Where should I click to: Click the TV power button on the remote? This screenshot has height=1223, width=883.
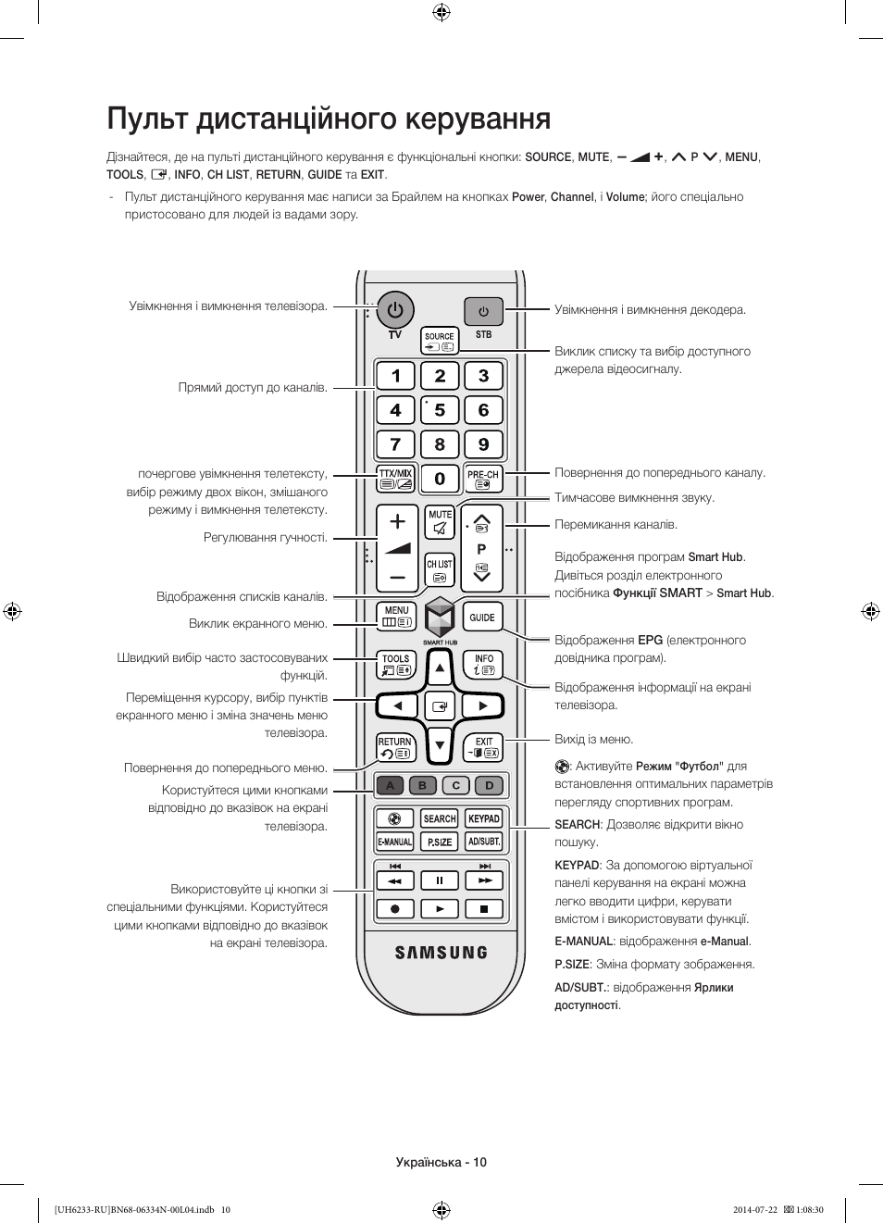(x=395, y=310)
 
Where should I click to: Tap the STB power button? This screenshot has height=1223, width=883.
(x=483, y=312)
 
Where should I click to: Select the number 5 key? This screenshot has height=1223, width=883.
(x=440, y=410)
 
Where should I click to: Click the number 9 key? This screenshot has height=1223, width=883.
(x=483, y=444)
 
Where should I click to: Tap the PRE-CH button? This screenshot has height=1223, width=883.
(x=483, y=479)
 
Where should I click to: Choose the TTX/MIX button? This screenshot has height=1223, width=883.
(x=396, y=479)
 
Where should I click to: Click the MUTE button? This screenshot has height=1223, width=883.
(x=440, y=522)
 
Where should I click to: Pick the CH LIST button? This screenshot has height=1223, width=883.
(x=440, y=570)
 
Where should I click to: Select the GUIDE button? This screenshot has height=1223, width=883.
(x=482, y=618)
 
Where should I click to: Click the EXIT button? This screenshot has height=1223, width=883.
(x=483, y=747)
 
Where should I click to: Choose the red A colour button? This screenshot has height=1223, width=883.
(x=391, y=786)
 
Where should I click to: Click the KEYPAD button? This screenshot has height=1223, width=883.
(x=483, y=818)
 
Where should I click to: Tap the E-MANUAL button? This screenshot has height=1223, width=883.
(x=395, y=842)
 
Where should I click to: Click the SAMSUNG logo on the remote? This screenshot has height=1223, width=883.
(x=441, y=953)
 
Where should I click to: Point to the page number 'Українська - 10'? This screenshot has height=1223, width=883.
(x=441, y=1162)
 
